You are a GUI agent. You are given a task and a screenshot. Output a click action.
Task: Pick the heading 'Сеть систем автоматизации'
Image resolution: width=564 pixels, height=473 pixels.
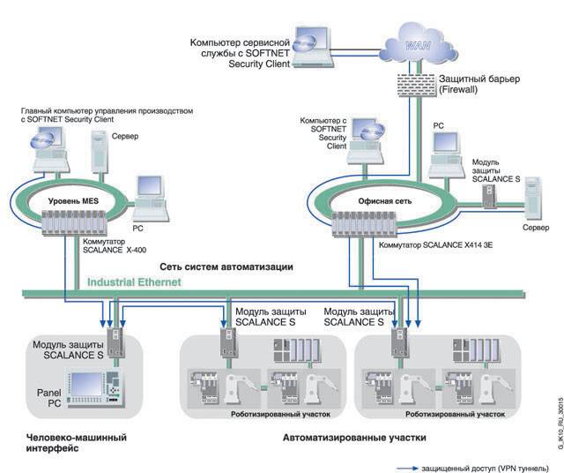(226, 266)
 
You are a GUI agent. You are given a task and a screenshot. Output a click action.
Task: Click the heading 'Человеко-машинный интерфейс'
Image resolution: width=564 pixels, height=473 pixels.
(71, 442)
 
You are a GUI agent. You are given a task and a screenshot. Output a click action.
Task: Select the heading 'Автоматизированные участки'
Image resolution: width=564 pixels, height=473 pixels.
(353, 437)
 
